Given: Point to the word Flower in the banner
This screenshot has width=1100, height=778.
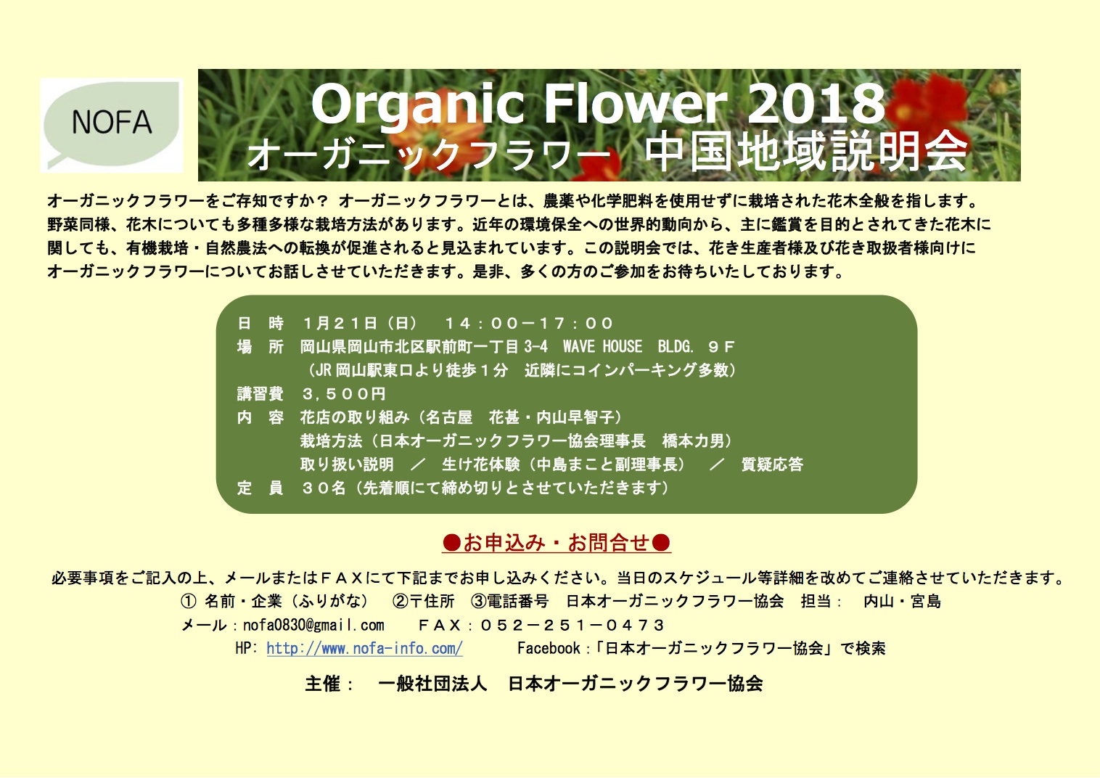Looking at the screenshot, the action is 636,103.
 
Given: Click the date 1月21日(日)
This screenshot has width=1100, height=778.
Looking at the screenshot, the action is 360,323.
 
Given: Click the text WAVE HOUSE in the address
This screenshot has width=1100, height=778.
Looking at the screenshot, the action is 602,346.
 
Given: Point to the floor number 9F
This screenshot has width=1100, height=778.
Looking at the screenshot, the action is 721,347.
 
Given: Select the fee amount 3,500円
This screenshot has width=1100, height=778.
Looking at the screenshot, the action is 344,394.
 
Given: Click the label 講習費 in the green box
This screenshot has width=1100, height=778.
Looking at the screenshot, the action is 260,394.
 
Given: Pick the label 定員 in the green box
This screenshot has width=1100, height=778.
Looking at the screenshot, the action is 260,488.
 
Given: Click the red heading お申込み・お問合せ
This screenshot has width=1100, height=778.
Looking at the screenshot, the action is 557,543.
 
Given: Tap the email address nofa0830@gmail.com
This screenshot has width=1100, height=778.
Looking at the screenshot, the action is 313,625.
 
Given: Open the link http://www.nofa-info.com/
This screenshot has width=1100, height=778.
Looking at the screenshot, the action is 364,648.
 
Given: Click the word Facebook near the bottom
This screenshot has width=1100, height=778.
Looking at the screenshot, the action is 549,648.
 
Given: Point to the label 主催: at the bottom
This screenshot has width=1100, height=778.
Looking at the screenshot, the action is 329,684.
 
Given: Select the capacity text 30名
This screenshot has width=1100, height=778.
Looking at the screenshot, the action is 324,488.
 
